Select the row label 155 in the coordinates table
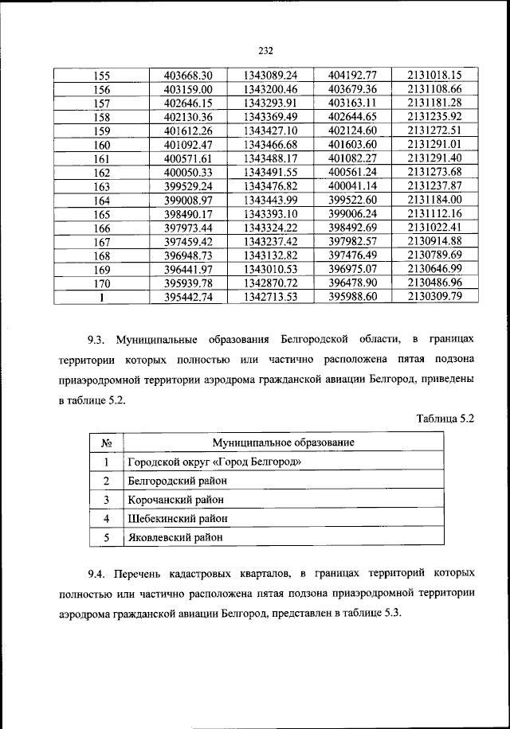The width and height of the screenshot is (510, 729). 102,76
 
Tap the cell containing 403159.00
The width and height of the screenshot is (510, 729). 188,90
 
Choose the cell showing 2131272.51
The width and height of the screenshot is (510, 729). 434,131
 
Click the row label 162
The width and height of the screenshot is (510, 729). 102,172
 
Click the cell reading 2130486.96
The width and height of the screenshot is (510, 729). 434,282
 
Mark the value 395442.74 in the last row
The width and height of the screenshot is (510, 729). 188,296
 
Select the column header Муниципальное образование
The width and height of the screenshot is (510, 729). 283,442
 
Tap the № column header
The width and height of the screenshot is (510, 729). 105,442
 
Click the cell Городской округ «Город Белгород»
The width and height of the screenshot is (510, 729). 214,462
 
